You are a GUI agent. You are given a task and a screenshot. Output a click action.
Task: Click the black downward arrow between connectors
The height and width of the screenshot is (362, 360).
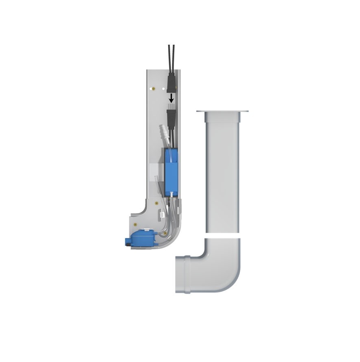click(x=171, y=98)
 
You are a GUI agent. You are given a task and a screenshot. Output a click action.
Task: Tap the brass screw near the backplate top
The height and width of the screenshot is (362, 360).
click(x=153, y=88)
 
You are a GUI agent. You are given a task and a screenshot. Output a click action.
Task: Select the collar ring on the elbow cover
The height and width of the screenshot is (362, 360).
click(x=187, y=274)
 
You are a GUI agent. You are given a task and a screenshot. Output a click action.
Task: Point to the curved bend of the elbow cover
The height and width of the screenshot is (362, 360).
click(x=228, y=276)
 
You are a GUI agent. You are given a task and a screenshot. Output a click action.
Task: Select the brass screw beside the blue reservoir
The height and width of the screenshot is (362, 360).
click(x=165, y=233)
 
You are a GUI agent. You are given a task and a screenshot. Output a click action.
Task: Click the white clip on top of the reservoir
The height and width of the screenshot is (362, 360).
click(x=145, y=230)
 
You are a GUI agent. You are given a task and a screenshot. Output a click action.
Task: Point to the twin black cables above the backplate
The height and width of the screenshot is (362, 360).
click(x=171, y=57)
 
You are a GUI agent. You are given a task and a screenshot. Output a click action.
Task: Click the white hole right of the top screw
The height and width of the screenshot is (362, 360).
click(x=163, y=88)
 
